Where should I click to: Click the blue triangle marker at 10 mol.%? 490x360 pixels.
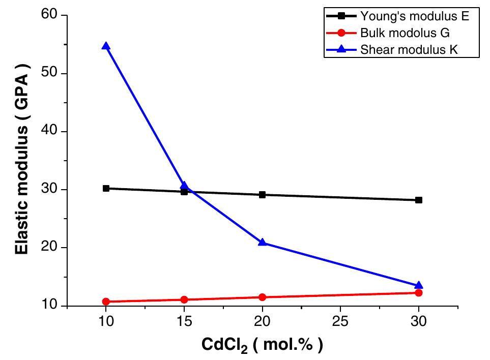[106, 46]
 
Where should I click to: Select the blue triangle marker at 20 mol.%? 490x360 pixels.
[262, 242]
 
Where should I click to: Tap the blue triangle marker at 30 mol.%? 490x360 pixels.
[419, 286]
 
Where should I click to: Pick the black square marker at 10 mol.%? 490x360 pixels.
[106, 188]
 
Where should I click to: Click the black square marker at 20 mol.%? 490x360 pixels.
[262, 195]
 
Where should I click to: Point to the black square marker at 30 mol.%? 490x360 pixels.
[419, 200]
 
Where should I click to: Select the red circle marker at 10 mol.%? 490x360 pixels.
[106, 302]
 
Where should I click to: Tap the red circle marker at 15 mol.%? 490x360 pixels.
[184, 299]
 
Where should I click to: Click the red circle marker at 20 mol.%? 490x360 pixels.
[262, 297]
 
